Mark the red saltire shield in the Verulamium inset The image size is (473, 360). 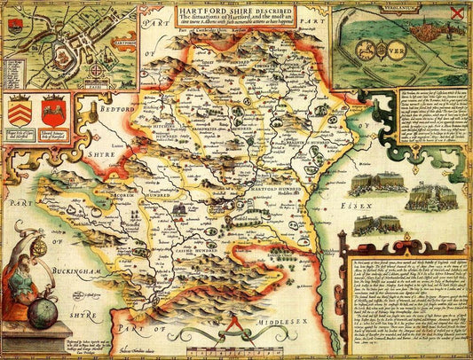click(456, 12)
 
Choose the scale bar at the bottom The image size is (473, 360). click(215, 339)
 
